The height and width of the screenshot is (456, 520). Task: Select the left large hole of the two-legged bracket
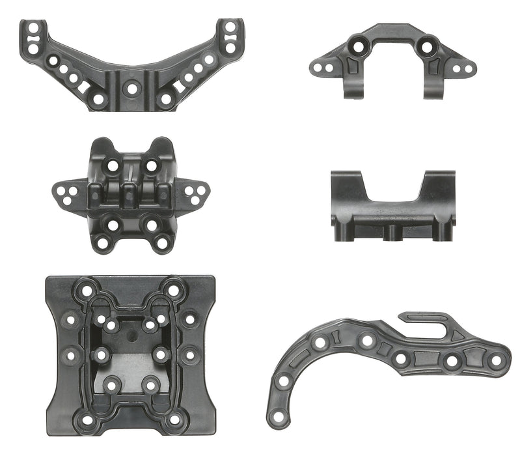[x=357, y=46]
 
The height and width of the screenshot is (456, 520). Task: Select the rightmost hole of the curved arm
[x=496, y=360]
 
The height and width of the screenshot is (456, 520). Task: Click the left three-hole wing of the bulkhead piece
[x=67, y=194]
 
